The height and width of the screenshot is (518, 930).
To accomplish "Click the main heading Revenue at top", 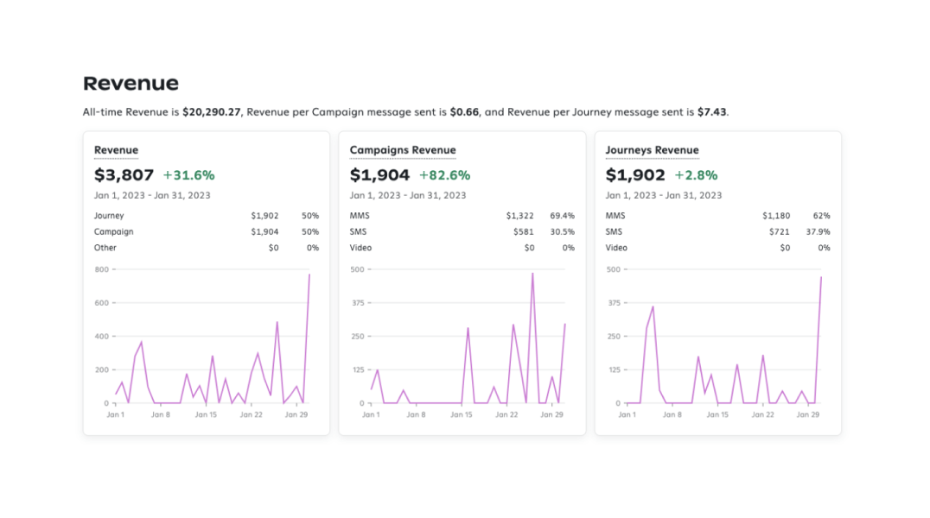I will coord(131,84).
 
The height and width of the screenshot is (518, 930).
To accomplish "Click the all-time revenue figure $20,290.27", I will coord(212,112).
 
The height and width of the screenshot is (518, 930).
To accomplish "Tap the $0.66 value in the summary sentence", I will coord(464,112).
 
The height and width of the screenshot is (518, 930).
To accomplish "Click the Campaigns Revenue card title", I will coord(403,150).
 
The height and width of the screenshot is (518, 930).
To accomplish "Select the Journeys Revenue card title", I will coord(652,150).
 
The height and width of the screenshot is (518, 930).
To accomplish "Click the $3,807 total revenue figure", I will coord(124,175).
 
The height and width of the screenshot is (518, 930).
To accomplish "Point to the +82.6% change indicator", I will coord(444,175).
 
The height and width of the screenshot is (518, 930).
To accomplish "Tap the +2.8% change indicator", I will coord(696,175).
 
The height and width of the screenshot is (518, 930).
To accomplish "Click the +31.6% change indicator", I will coord(188,175).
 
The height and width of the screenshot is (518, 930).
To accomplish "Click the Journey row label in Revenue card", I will coord(109,216).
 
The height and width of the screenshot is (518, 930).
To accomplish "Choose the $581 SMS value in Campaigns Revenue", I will coord(524,231).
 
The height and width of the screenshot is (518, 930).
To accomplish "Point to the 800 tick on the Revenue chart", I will coord(101,269).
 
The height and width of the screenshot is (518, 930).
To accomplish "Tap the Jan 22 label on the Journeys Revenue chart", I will coord(762,414).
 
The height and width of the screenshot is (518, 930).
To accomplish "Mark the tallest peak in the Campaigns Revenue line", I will coord(532,274).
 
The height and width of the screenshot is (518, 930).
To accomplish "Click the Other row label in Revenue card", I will coord(105,248).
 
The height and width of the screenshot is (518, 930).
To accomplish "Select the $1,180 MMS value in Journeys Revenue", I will coord(776,216).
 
